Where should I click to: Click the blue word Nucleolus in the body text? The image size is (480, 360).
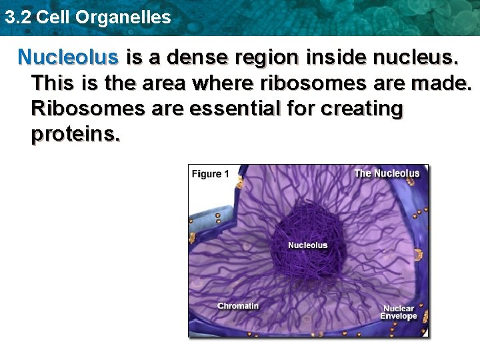[68, 57]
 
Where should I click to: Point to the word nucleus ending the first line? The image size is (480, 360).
[417, 57]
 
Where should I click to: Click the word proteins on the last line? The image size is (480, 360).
[75, 134]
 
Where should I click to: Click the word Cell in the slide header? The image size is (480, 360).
[53, 17]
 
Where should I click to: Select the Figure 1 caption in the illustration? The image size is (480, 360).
[210, 174]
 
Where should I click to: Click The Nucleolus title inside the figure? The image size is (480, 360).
[387, 173]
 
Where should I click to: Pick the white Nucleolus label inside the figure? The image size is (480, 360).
[307, 245]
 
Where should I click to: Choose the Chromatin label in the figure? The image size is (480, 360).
[238, 305]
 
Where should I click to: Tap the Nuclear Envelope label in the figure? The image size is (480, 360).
[398, 312]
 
